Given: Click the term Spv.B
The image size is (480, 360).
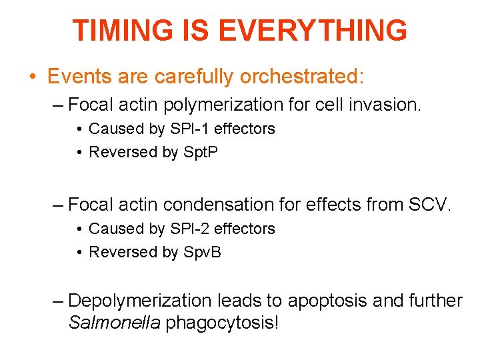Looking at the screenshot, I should pos(201,252).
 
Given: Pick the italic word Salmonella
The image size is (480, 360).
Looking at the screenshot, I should pos(114,323).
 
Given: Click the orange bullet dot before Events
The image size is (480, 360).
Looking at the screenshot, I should pos(33,77).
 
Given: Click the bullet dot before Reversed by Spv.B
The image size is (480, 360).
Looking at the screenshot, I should pos(79,253).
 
